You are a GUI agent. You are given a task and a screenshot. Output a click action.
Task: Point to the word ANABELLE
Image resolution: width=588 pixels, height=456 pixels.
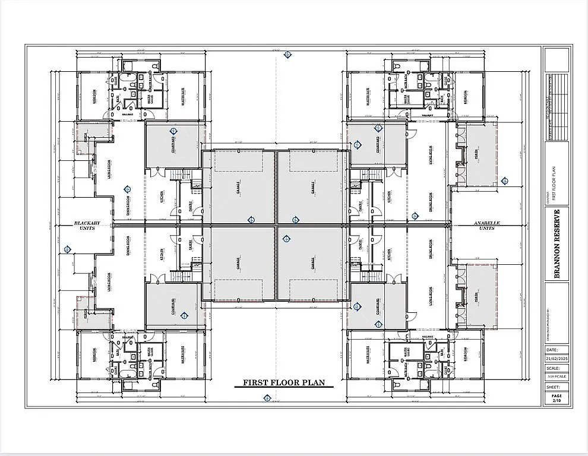[487, 223]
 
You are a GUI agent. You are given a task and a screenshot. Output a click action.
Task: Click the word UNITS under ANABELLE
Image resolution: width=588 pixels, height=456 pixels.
[487, 229]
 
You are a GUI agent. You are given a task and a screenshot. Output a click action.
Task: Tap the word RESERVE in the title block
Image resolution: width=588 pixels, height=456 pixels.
[557, 226]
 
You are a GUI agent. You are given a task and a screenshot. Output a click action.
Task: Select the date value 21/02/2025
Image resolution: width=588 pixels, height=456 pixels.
[556, 359]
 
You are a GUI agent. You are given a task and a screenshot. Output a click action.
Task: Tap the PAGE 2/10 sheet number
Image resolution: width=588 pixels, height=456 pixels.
[556, 398]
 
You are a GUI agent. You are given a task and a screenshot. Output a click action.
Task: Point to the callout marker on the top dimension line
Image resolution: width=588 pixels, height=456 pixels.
[287, 55]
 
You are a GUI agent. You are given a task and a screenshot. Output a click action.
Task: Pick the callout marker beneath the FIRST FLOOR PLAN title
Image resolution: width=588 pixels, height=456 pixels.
[258, 398]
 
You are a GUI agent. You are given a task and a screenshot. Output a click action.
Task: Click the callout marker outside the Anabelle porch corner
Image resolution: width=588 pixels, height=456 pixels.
[504, 179]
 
